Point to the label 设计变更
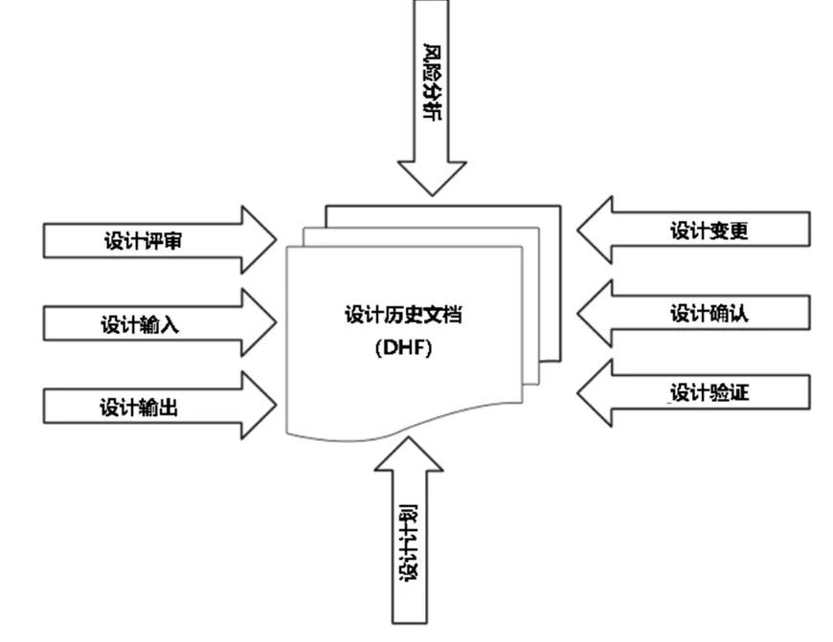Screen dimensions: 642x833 click(x=709, y=231)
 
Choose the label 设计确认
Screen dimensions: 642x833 click(x=709, y=313)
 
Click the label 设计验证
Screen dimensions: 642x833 click(x=709, y=392)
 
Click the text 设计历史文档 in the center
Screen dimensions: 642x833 click(x=403, y=315)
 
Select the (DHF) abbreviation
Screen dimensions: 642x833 click(x=403, y=349)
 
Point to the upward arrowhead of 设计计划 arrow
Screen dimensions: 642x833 click(x=408, y=454)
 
